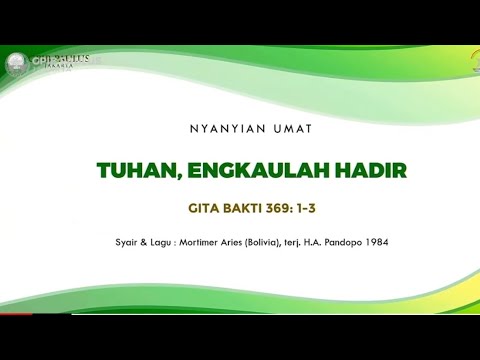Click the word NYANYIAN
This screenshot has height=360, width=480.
click(218, 128)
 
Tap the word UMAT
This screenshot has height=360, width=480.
click(270, 128)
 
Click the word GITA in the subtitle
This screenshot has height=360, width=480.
click(206, 209)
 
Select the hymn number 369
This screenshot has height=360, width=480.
click(285, 209)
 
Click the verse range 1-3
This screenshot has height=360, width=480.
click(316, 209)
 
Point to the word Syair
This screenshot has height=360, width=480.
click(129, 241)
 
